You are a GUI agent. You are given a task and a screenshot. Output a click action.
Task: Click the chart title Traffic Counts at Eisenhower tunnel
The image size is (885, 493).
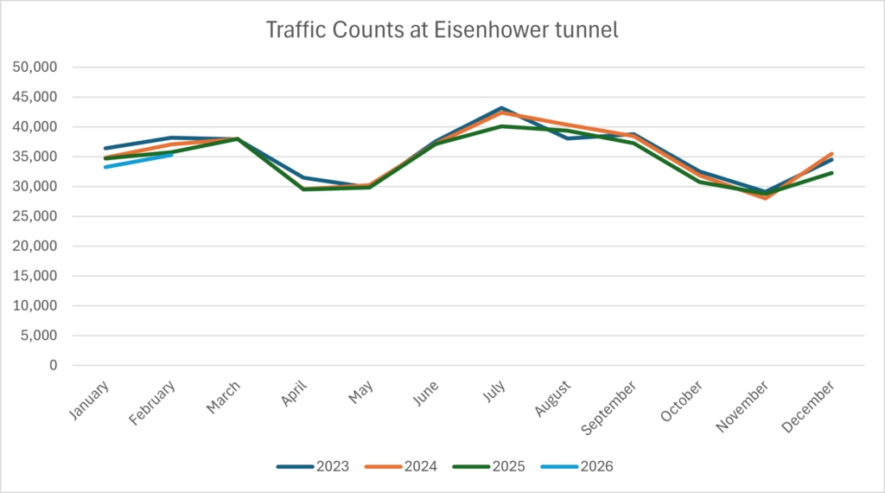point(442,30)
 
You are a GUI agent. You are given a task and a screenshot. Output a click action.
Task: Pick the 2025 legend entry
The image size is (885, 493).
point(489,467)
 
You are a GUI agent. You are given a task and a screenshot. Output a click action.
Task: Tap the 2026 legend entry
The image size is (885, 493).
point(577,467)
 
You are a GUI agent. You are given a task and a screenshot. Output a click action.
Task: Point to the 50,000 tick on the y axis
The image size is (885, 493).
point(38,67)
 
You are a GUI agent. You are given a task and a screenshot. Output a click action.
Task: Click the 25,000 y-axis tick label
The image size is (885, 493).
point(38,216)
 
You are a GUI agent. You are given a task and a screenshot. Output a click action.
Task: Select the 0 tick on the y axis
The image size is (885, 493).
point(53,365)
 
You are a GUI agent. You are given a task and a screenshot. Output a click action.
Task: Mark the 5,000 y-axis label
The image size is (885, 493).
point(41,336)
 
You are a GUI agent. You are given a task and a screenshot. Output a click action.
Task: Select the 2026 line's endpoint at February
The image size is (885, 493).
point(171,155)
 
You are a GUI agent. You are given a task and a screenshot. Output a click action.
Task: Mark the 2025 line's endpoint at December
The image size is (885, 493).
point(832,173)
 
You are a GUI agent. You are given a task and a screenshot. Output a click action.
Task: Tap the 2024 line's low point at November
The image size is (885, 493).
point(766,198)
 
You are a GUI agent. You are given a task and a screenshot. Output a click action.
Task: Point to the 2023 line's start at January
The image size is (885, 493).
point(105,148)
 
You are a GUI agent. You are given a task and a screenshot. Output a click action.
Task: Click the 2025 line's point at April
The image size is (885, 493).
point(303,189)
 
